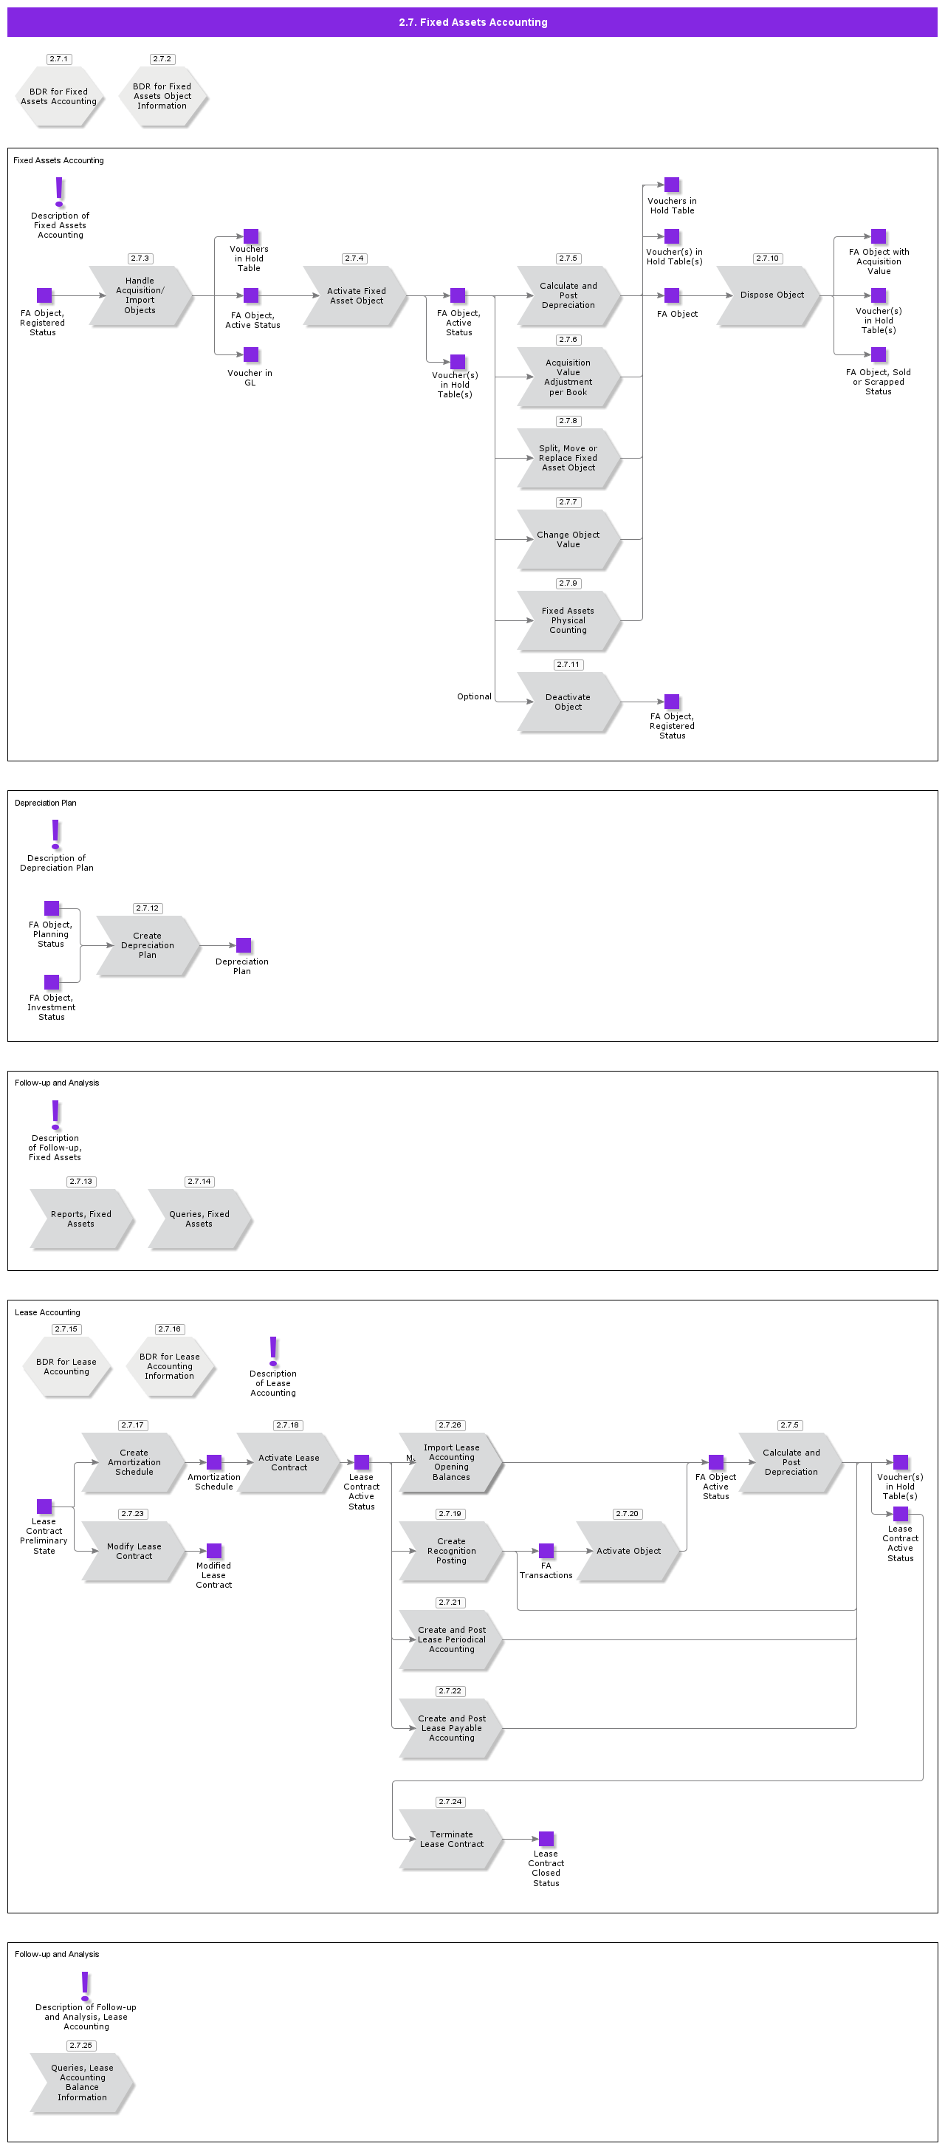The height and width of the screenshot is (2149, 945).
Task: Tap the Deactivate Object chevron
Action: pos(568,702)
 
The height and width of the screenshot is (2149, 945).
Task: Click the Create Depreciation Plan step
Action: pos(148,945)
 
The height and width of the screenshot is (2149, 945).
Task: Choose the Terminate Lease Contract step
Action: pos(451,1839)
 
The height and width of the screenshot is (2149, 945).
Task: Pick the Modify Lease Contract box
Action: pos(134,1551)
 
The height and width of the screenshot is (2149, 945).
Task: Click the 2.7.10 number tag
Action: pos(766,258)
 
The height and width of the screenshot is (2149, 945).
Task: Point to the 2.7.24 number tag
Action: pos(450,1802)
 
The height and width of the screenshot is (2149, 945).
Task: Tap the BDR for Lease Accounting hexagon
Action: pos(66,1366)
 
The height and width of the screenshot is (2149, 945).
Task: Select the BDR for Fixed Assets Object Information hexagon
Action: pos(162,97)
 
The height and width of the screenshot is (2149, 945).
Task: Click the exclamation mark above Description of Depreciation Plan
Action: pos(56,834)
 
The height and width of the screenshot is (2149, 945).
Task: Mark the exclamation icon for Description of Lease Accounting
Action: pos(272,1351)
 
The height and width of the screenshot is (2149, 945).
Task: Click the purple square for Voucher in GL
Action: pos(251,354)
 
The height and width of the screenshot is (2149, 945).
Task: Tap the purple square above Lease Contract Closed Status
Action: pos(546,1839)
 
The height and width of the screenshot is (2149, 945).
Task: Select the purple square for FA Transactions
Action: pos(546,1551)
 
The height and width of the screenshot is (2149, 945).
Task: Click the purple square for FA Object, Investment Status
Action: pos(52,982)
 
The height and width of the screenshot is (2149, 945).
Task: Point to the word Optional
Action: pos(474,696)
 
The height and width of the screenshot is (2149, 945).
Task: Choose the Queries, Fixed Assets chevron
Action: pos(199,1219)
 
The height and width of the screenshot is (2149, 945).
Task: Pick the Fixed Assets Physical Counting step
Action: pos(568,620)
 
